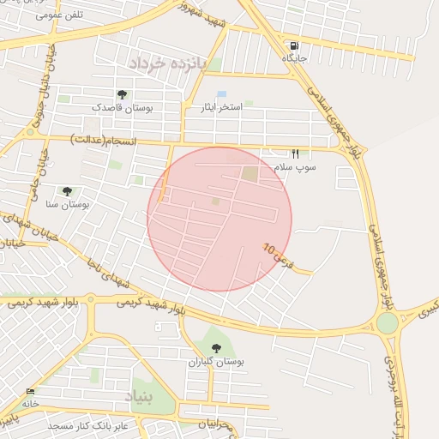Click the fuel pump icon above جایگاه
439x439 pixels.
[x=295, y=46]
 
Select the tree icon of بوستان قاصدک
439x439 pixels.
[x=122, y=94]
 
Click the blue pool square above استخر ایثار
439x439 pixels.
[x=222, y=93]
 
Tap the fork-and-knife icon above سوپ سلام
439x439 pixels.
[x=296, y=153]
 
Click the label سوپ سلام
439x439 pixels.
[x=296, y=166]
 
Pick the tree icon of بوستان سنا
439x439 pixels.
[x=67, y=191]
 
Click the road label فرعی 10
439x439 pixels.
[x=278, y=255]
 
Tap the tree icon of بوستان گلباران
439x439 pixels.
[x=216, y=348]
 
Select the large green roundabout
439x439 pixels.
[x=387, y=323]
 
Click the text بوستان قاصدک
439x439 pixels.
[x=122, y=108]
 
